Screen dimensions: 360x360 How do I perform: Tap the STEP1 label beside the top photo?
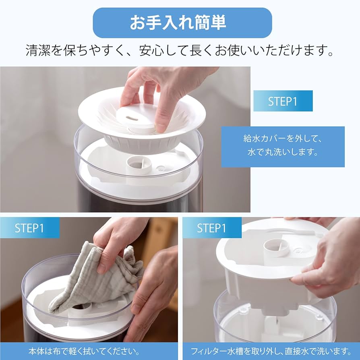click(283, 101)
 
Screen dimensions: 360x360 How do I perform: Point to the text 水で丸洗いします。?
click(283, 153)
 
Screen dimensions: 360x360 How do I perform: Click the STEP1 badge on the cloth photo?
click(29, 228)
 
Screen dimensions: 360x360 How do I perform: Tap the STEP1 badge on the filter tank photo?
click(211, 228)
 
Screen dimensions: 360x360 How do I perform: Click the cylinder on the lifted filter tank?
click(277, 247)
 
